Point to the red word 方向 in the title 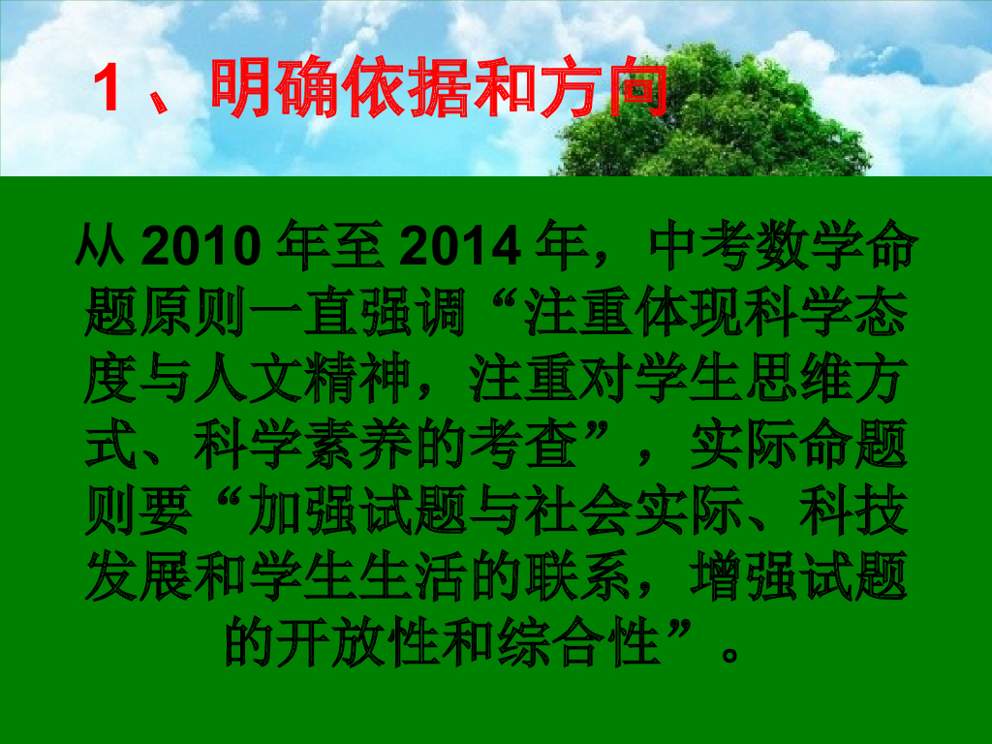click(x=610, y=89)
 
